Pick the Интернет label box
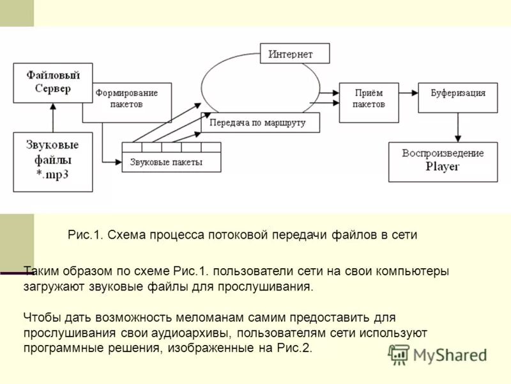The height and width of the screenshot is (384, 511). click(294, 54)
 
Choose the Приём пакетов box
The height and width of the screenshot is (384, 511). click(369, 102)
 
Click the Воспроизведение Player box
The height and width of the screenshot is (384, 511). click(443, 161)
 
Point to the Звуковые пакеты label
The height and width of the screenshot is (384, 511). click(166, 163)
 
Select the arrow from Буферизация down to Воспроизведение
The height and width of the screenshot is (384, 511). click(457, 127)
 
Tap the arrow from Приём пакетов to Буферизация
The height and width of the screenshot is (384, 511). click(409, 93)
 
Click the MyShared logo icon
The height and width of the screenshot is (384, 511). click(399, 355)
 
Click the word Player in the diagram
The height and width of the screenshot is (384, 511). click(443, 167)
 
